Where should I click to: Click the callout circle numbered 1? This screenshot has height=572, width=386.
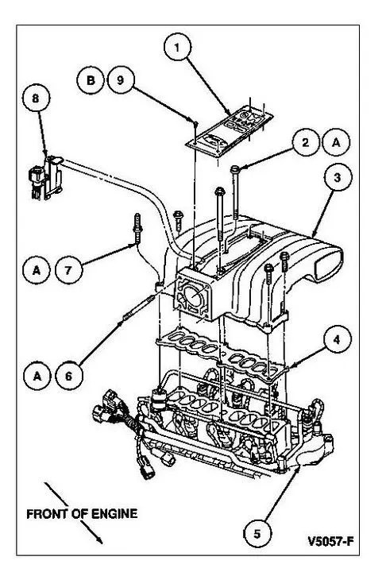coord(177,47)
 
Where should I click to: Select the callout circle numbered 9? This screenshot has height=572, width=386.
coord(122,80)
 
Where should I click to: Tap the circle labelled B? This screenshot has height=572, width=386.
coord(91,80)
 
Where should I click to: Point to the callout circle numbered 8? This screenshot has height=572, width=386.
coord(36,99)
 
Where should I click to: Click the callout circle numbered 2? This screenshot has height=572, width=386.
coord(306,142)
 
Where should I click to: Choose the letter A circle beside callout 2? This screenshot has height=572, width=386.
coord(336,142)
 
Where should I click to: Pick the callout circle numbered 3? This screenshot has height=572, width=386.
coord(338,177)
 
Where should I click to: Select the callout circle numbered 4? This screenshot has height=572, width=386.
coord(337,339)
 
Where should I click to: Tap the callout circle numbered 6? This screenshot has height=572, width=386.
coord(69,376)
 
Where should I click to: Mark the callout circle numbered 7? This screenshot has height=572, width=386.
coord(68,270)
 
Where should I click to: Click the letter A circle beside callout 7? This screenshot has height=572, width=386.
coord(37,270)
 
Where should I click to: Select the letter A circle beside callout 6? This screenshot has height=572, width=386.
coord(37,376)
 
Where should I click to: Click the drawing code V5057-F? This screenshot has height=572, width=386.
coord(330,541)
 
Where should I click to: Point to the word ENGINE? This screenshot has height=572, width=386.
coord(114,514)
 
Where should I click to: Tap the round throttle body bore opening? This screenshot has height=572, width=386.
coord(193,295)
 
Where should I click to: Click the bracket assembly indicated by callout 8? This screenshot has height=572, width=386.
coord(46,178)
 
